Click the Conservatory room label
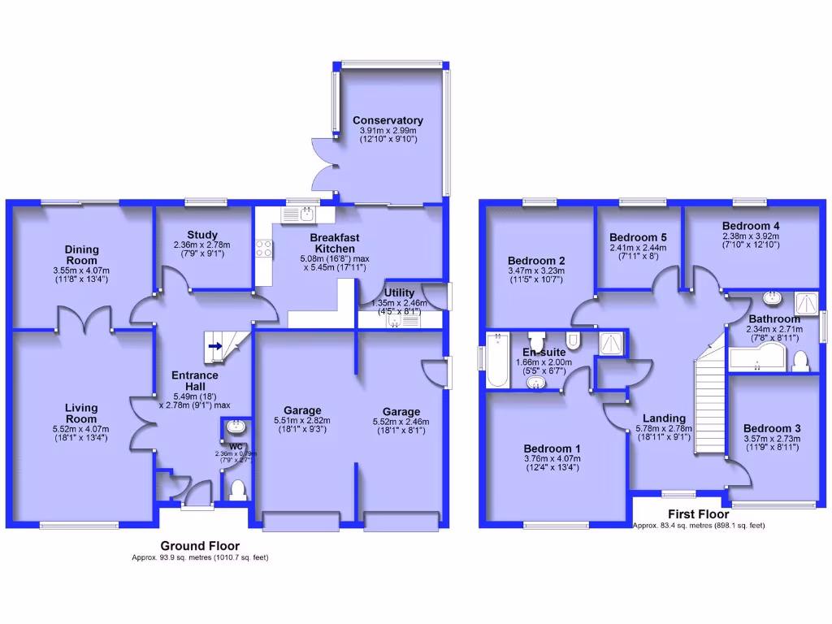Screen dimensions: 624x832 tap(388, 121)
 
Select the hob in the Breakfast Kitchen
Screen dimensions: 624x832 tap(263, 248)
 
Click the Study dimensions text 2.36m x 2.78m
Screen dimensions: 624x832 tap(201, 245)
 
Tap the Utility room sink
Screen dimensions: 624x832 tap(395, 321)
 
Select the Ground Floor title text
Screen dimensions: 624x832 tap(200, 546)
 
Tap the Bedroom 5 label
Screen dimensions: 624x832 tap(637, 237)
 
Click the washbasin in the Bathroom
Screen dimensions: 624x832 tap(769, 297)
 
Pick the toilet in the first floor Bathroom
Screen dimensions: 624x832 tap(799, 358)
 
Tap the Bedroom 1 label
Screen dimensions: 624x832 tap(552, 448)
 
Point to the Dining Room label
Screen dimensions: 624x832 tap(82, 254)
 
